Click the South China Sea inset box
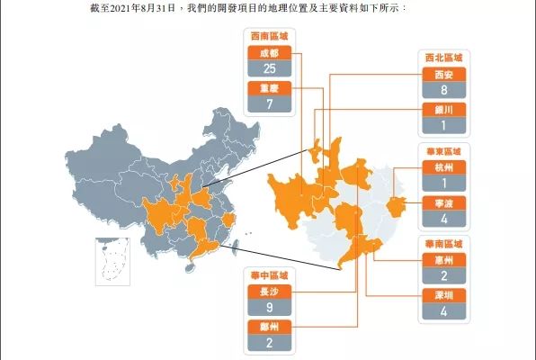pyautogui.click(x=113, y=260)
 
